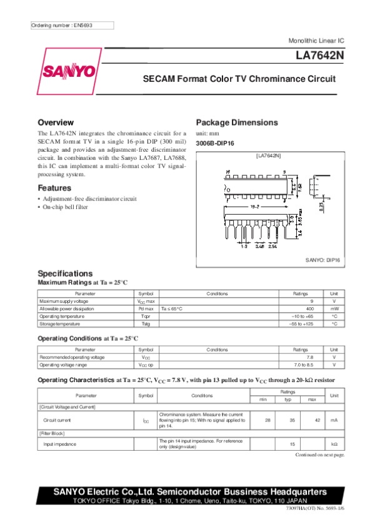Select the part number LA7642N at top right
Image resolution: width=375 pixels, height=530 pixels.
click(319, 56)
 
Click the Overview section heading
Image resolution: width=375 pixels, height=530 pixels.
click(56, 122)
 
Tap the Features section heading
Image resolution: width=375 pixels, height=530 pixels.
click(54, 188)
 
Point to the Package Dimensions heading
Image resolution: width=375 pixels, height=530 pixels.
click(237, 122)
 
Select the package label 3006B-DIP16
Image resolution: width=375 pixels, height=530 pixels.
click(215, 144)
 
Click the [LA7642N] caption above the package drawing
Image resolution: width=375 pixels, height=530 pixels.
click(268, 155)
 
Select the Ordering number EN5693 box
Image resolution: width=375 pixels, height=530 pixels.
click(72, 26)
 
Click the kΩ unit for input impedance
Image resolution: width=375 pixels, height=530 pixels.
click(334, 444)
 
